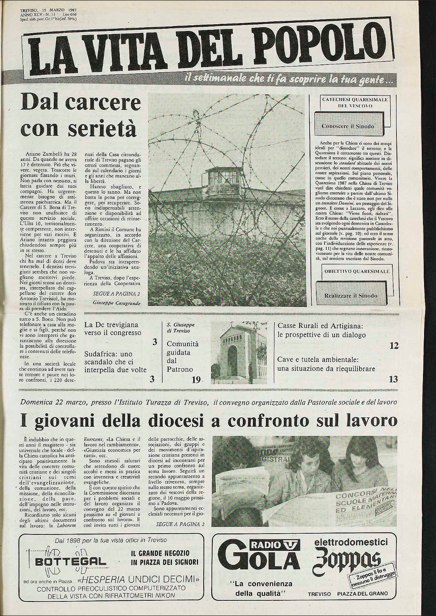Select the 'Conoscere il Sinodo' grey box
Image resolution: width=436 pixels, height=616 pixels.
click(x=348, y=126)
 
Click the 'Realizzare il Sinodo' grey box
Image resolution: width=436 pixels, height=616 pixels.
click(x=351, y=296)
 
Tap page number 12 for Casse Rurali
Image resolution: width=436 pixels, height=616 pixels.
click(x=394, y=346)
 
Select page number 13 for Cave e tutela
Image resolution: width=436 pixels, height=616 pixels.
click(x=393, y=380)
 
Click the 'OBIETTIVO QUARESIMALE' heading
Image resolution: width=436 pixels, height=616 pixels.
click(x=351, y=271)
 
